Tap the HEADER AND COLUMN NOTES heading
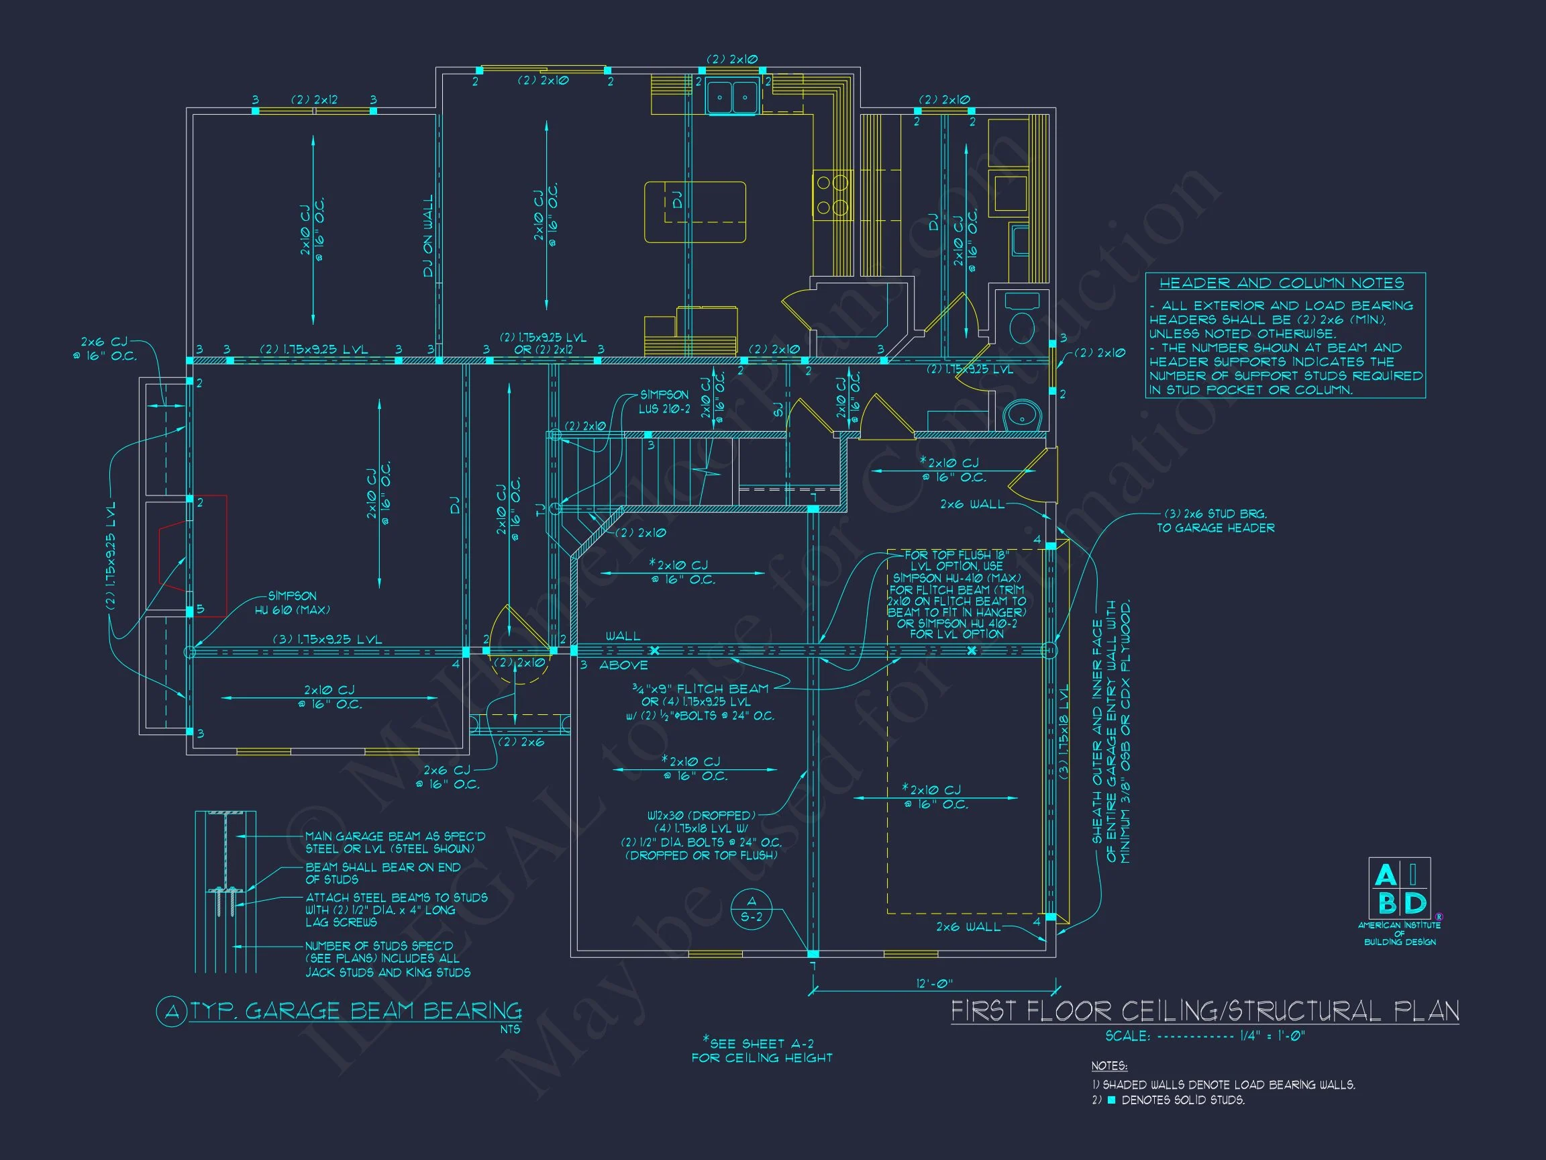click(x=1281, y=283)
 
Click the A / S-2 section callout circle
click(x=752, y=909)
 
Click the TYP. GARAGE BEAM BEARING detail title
click(x=355, y=1010)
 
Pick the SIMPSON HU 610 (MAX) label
click(x=291, y=603)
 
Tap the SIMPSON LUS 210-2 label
click(x=664, y=401)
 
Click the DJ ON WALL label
click(x=428, y=236)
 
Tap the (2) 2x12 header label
click(x=314, y=100)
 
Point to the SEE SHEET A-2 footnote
click(x=762, y=1049)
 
